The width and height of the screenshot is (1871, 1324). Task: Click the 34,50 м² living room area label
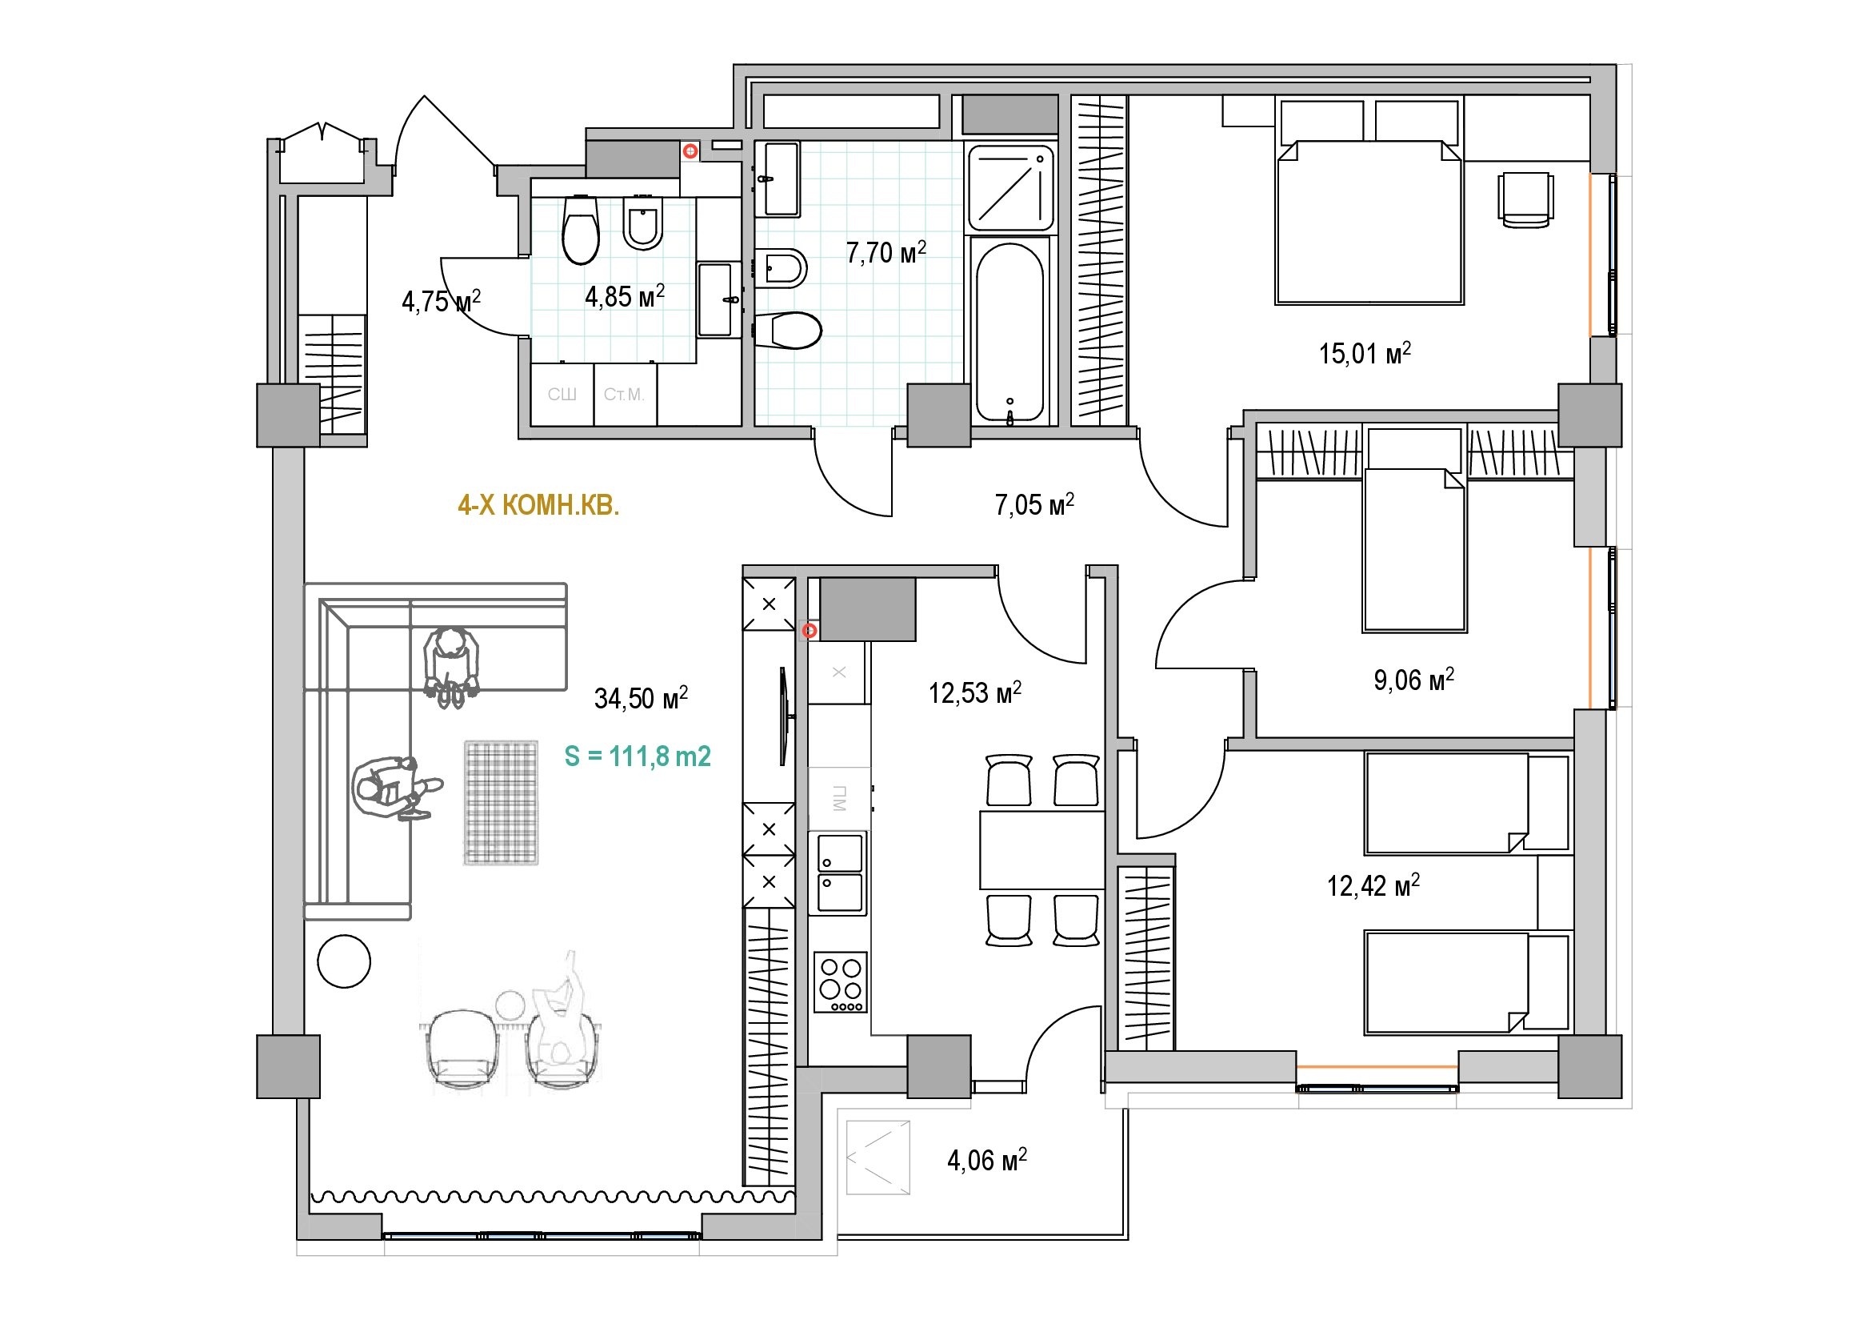[x=641, y=698]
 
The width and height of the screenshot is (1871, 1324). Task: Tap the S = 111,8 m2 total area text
[x=638, y=756]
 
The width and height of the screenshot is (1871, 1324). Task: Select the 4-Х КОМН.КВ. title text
[x=538, y=506]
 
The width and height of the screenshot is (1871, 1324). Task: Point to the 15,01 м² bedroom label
[x=1365, y=353]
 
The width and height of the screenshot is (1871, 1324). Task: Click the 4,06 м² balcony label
[x=987, y=1159]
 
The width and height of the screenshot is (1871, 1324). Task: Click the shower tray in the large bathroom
[x=1009, y=188]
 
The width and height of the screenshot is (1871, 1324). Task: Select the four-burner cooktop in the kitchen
[x=840, y=982]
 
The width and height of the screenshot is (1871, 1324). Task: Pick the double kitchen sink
[x=838, y=873]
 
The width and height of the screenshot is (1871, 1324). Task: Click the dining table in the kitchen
[x=1041, y=849]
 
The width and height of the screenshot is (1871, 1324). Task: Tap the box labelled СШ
[x=562, y=395]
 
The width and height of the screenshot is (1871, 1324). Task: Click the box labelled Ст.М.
[x=625, y=395]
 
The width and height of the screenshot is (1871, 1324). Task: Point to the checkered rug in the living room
[x=502, y=803]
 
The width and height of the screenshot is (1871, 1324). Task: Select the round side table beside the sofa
[x=344, y=961]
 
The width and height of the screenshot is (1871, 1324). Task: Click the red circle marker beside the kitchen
[x=810, y=631]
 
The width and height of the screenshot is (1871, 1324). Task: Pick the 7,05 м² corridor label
[x=1034, y=504]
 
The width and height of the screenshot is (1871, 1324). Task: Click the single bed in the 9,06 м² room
[x=1413, y=549]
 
